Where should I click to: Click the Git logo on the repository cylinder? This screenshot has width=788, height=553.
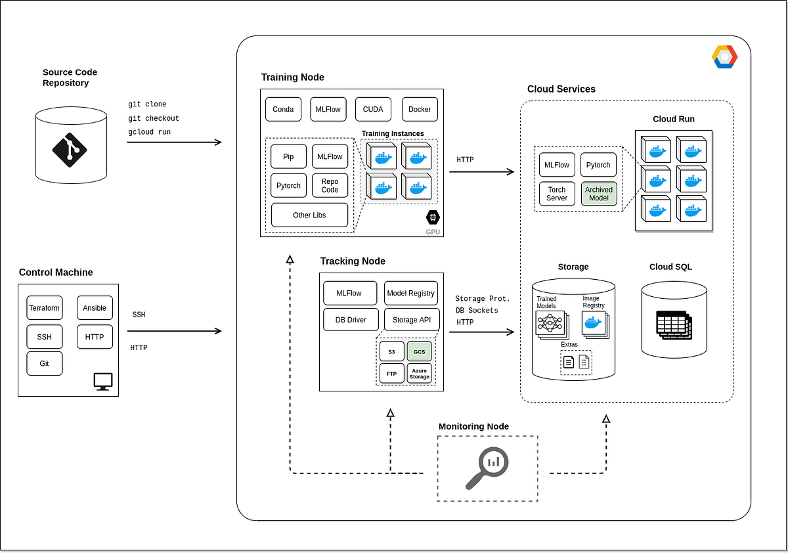pos(70,149)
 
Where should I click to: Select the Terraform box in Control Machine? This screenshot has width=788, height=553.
pos(45,308)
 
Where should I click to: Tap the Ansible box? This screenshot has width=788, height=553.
pos(95,308)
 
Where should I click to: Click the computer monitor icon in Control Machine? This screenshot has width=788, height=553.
pos(103,382)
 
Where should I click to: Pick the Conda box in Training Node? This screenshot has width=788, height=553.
pos(283,110)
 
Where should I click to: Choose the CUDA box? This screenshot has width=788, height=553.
pos(373,110)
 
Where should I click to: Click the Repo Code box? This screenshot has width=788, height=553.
pos(330,186)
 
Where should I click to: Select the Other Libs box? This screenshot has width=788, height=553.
pos(309,215)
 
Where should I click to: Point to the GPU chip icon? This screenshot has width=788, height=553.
pos(432,217)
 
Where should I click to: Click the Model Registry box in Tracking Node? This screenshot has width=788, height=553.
pos(410,294)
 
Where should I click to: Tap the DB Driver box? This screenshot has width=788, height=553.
pos(350,320)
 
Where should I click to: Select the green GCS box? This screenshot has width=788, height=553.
pos(419,351)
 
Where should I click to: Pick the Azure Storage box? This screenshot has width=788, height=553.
pos(419,374)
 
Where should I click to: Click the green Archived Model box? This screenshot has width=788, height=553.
pos(598,194)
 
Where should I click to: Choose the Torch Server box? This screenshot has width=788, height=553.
pos(557,194)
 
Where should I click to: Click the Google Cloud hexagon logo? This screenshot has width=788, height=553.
pos(724,57)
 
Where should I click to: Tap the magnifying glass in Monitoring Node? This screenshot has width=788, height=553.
pos(485,467)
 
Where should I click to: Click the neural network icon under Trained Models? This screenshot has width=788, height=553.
pos(550,322)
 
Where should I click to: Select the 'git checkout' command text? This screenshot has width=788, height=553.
pos(154,119)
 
